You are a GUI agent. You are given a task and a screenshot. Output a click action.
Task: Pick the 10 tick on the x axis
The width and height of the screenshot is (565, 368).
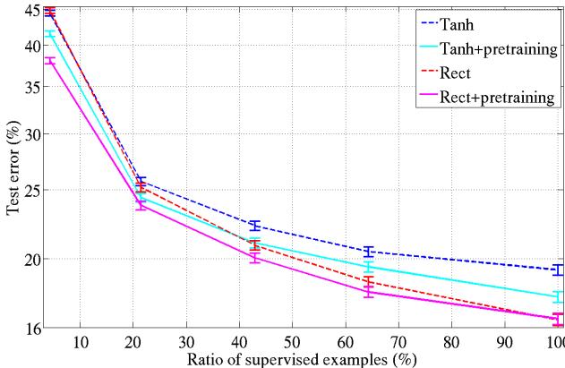(81, 341)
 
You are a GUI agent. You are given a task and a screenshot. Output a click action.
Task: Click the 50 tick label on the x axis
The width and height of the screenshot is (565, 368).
(292, 341)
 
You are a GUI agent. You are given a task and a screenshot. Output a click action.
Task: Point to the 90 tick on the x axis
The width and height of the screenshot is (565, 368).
(504, 341)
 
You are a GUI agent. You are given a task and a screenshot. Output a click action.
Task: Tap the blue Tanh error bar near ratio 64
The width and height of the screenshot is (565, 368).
(368, 251)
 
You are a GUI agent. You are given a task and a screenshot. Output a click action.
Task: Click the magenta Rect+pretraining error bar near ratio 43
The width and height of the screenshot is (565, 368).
(254, 257)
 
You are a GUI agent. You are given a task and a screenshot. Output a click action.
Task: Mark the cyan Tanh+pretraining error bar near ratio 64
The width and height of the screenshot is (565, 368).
(368, 267)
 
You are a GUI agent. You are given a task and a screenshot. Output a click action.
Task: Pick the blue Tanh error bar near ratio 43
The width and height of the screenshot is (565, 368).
(254, 225)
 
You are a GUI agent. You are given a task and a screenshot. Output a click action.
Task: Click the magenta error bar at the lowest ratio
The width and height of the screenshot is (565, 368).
(50, 60)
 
